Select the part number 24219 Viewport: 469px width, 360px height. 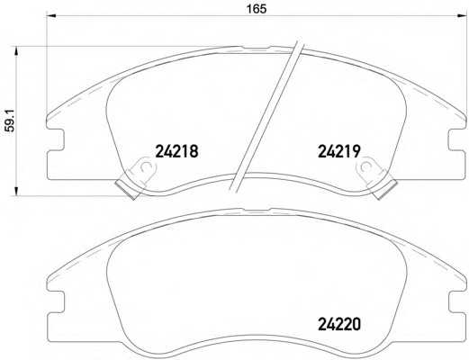pos(338,153)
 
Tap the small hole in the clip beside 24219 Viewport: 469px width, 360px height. pos(366,167)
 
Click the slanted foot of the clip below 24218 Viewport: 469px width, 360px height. pos(126,186)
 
